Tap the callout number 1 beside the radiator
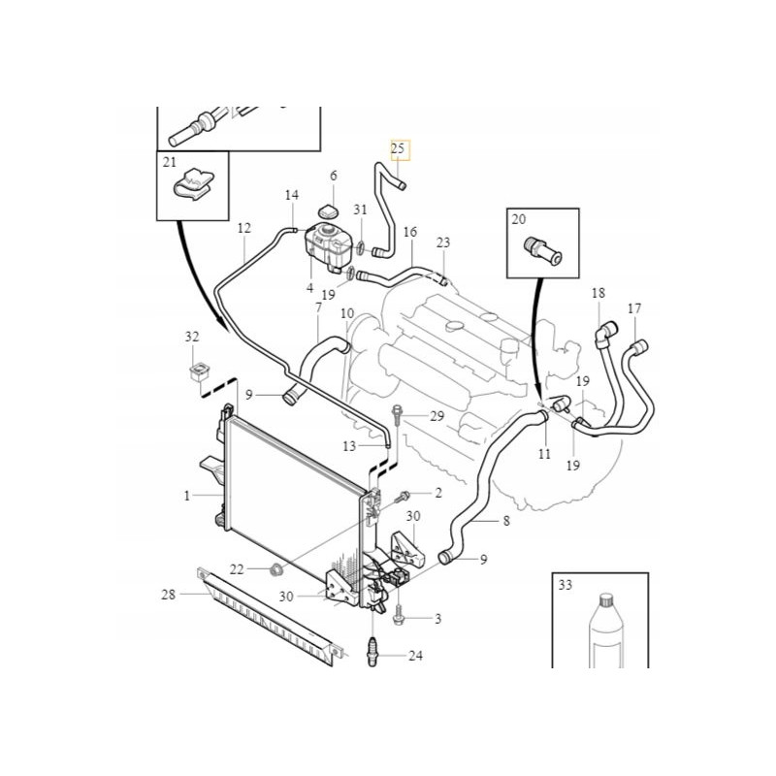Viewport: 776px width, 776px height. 187,496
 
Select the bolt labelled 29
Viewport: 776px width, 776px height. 399,418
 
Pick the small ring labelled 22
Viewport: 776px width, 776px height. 275,567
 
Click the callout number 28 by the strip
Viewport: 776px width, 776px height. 169,595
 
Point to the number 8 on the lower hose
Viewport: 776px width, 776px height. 505,521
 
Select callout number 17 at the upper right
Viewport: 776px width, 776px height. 634,309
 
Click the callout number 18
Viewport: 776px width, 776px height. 598,293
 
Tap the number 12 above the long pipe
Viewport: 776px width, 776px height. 243,229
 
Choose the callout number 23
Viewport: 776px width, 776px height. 443,242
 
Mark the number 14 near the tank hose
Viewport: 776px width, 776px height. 292,196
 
